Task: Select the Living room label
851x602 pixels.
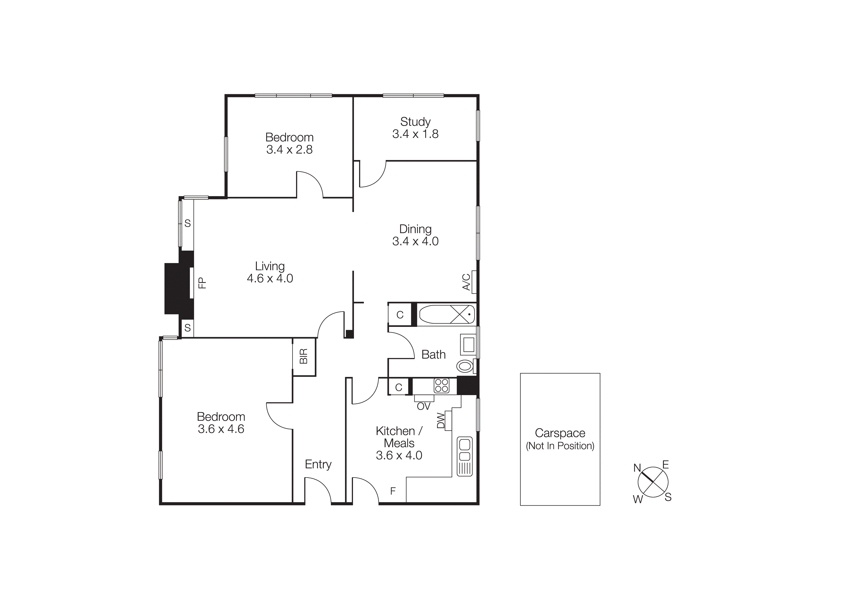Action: pos(270,266)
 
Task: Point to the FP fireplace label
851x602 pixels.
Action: pos(202,283)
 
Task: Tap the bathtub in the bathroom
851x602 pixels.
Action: pos(447,314)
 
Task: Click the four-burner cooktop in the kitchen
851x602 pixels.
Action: pos(442,385)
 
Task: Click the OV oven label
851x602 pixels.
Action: pos(424,407)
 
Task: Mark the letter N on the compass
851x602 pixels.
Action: pos(637,468)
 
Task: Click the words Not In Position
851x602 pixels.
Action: pos(560,446)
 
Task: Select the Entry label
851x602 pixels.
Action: pos(318,464)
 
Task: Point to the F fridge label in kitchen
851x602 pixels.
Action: pos(393,491)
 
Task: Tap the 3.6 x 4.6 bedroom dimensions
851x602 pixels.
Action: pos(221,429)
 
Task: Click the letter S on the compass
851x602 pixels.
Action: pos(668,497)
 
